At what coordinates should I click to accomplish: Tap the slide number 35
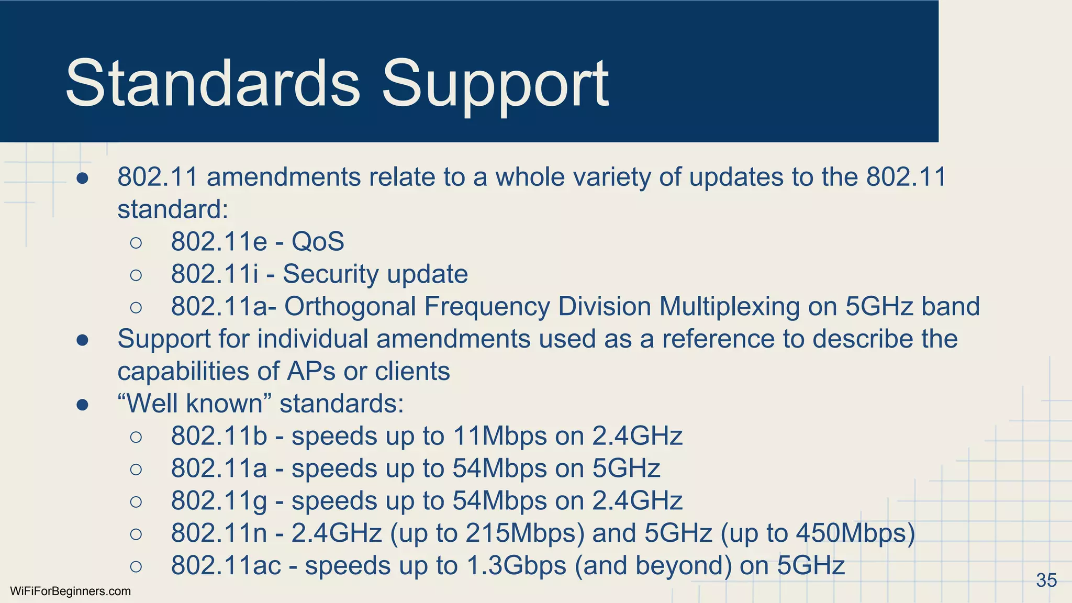(x=1046, y=580)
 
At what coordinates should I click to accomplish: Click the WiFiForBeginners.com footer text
(x=70, y=591)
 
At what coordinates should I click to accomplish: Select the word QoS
(x=318, y=242)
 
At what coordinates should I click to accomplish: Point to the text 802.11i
(x=215, y=274)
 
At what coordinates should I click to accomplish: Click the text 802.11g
(x=219, y=501)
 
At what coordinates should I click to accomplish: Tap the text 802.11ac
(x=226, y=566)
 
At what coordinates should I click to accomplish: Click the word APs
(x=311, y=372)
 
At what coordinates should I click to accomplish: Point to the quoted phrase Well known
(x=195, y=404)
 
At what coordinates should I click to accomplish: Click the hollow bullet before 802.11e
(x=136, y=242)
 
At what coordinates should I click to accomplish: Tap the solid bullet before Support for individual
(x=82, y=340)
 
